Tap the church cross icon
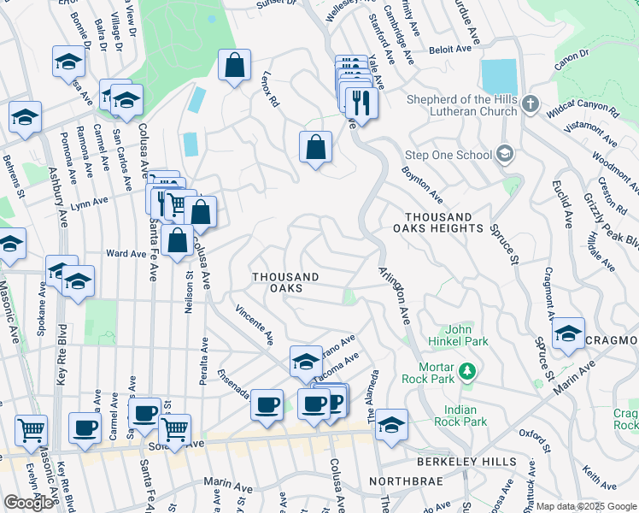click(530, 104)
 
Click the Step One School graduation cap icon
click(505, 154)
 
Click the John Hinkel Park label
click(466, 335)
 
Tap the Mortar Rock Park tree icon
click(466, 371)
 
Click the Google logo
click(28, 503)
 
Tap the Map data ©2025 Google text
click(587, 506)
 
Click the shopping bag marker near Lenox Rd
click(315, 146)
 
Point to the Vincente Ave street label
click(255, 325)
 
